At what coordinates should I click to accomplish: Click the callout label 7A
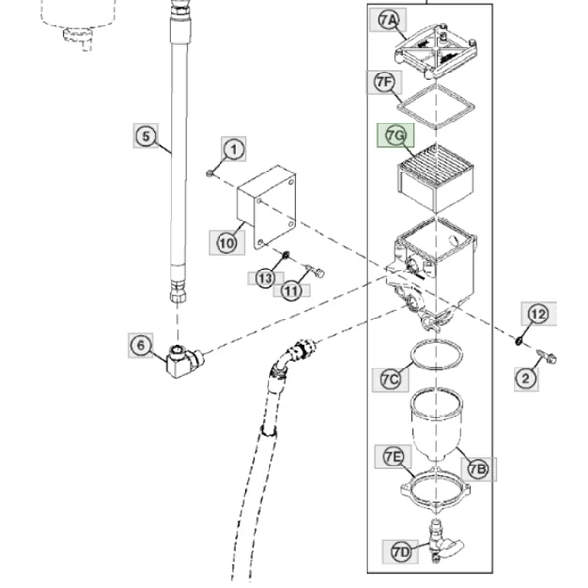[388, 20]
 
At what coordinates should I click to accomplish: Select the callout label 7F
[384, 82]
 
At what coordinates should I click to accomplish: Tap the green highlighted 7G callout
[396, 135]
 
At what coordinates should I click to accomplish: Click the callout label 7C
[390, 379]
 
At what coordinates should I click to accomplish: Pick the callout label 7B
[478, 469]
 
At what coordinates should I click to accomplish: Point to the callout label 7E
[393, 457]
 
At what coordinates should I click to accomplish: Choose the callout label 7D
[401, 552]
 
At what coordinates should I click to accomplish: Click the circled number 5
[146, 136]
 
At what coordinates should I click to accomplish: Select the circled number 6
[140, 345]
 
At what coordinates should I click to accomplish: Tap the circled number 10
[227, 243]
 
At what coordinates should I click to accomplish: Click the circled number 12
[538, 314]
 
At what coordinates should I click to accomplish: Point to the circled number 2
[526, 379]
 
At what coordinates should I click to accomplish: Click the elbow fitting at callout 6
[184, 362]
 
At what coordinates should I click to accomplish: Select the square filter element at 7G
[435, 177]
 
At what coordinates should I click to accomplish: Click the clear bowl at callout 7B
[435, 423]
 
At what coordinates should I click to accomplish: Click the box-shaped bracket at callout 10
[267, 207]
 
